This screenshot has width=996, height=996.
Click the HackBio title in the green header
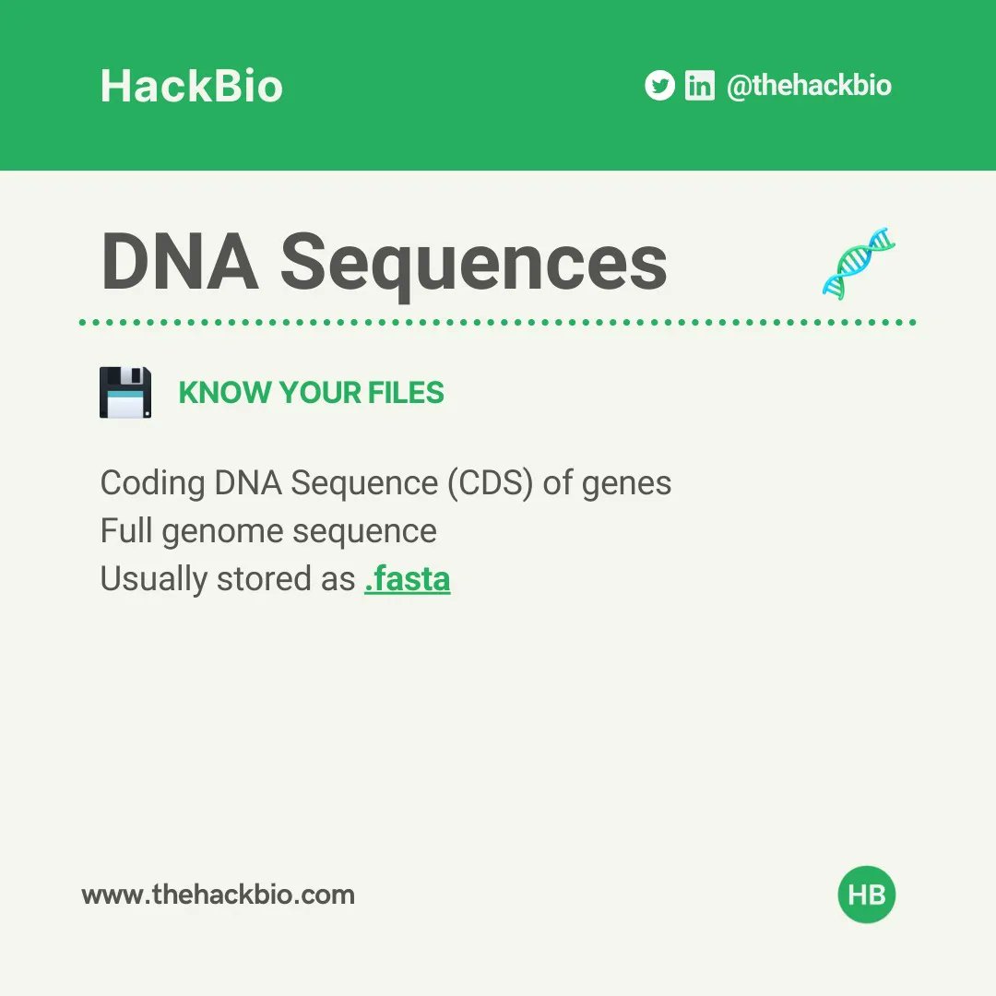click(191, 86)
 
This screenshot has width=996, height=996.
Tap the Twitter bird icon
click(659, 86)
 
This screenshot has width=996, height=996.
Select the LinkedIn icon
click(699, 86)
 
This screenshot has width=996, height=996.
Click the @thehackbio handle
click(809, 86)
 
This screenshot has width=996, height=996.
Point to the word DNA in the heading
click(179, 262)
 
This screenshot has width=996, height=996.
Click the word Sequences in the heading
click(474, 262)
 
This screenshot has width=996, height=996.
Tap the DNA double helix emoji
click(859, 263)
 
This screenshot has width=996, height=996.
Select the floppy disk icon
click(125, 392)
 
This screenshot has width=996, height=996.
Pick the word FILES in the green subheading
click(406, 393)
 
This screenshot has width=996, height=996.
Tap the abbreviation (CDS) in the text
click(490, 483)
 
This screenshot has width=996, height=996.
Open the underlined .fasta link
click(407, 579)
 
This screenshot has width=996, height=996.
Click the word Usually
click(153, 580)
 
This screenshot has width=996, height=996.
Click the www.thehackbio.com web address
click(218, 895)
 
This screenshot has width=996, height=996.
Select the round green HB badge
click(867, 895)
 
